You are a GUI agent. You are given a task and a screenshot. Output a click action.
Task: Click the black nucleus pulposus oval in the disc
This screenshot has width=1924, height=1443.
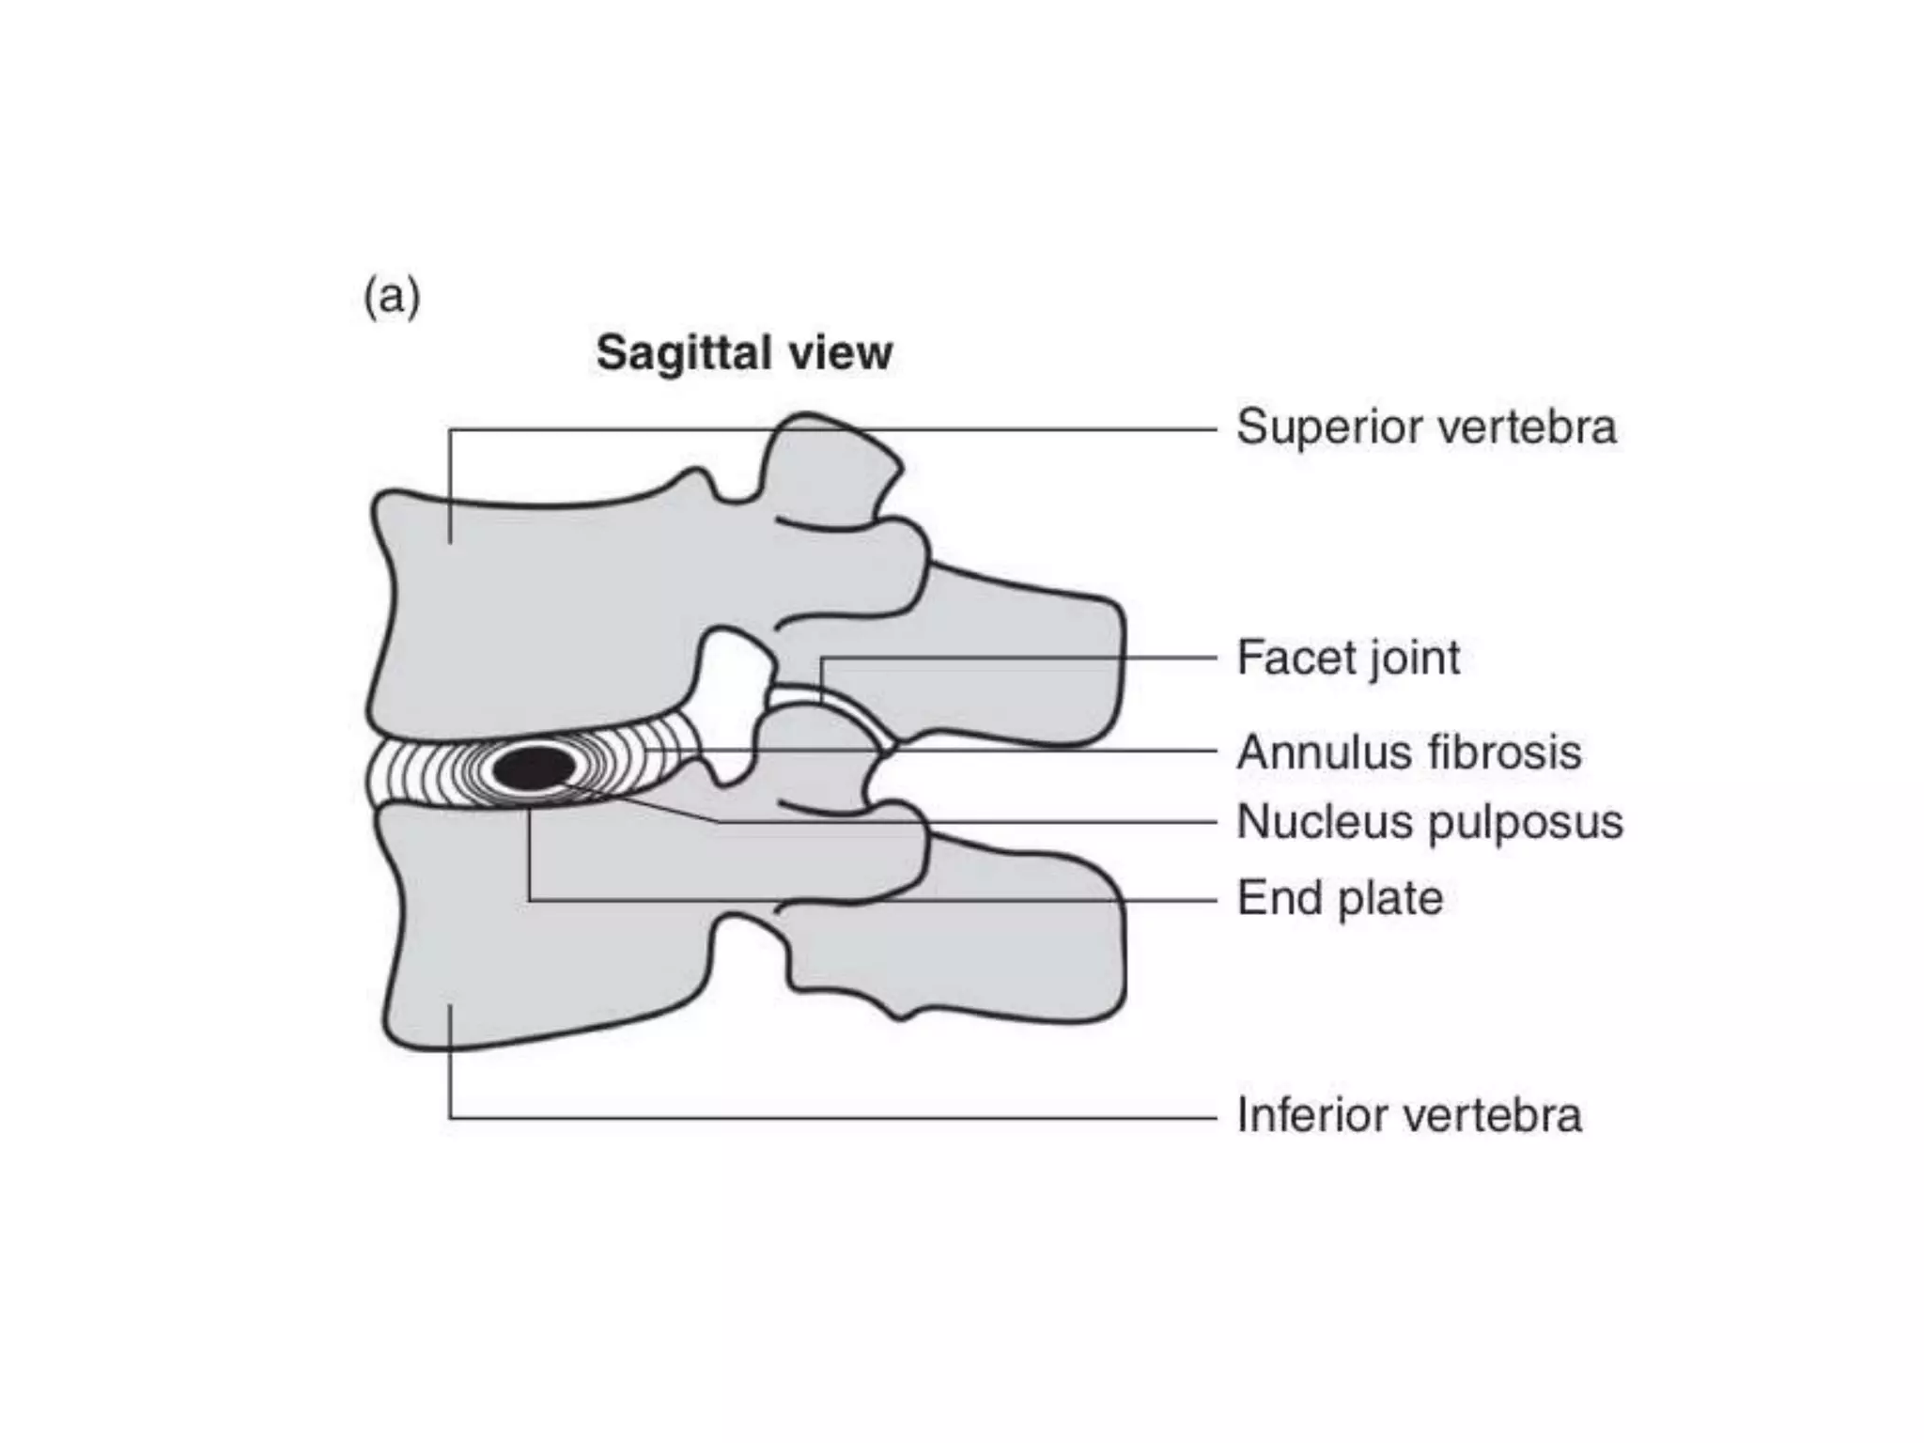click(534, 768)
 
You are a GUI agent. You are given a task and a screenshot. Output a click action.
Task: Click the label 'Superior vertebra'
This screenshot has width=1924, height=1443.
click(1425, 427)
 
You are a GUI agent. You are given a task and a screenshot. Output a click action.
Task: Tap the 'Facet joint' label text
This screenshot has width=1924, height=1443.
click(1347, 658)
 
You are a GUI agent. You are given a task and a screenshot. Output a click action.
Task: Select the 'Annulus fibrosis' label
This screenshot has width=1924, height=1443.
click(1408, 753)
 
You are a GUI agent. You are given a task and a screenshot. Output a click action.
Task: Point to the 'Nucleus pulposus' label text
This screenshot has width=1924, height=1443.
click(1429, 822)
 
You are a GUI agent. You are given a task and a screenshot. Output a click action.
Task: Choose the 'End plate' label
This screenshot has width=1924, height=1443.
click(1339, 898)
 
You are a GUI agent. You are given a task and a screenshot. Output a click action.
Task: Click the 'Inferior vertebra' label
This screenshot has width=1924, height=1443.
click(1408, 1116)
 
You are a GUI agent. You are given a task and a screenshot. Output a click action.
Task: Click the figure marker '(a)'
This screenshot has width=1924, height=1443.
click(392, 297)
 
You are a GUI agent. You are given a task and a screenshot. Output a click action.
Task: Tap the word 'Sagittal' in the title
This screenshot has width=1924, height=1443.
click(684, 354)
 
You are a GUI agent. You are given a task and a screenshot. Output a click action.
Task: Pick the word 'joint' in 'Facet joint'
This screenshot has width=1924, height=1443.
click(1414, 658)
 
